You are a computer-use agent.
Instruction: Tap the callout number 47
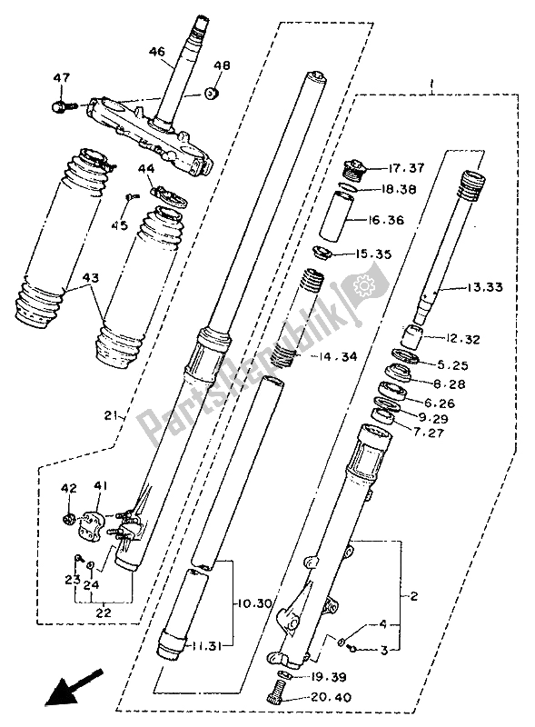(61, 79)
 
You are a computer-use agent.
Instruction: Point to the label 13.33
(485, 289)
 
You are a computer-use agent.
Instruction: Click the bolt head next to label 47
(61, 106)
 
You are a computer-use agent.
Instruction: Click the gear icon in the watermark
(367, 289)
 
